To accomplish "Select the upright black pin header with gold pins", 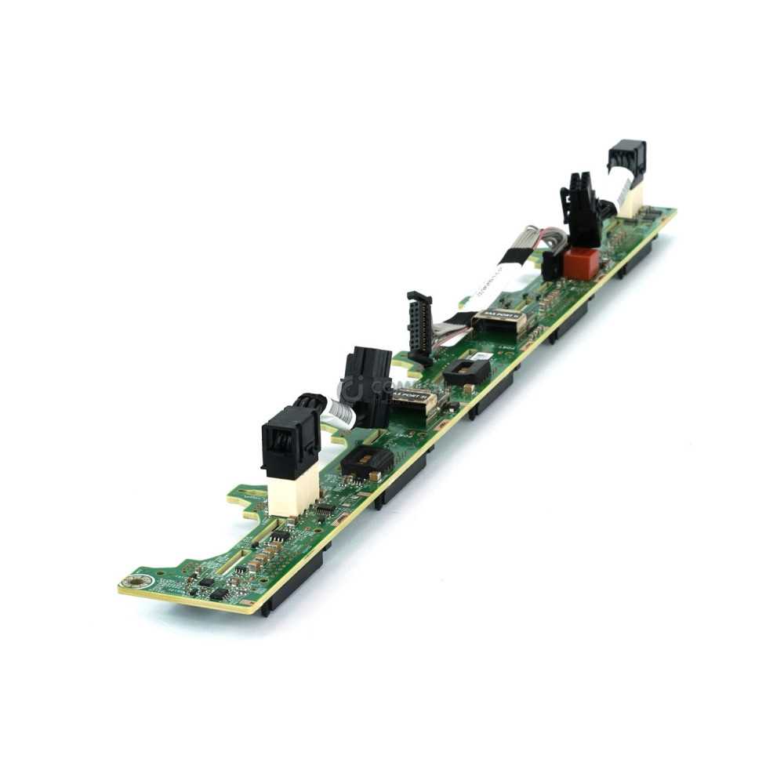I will tap(419, 328).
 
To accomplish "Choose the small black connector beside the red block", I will tap(553, 265).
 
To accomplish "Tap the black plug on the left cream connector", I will tap(289, 441).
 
